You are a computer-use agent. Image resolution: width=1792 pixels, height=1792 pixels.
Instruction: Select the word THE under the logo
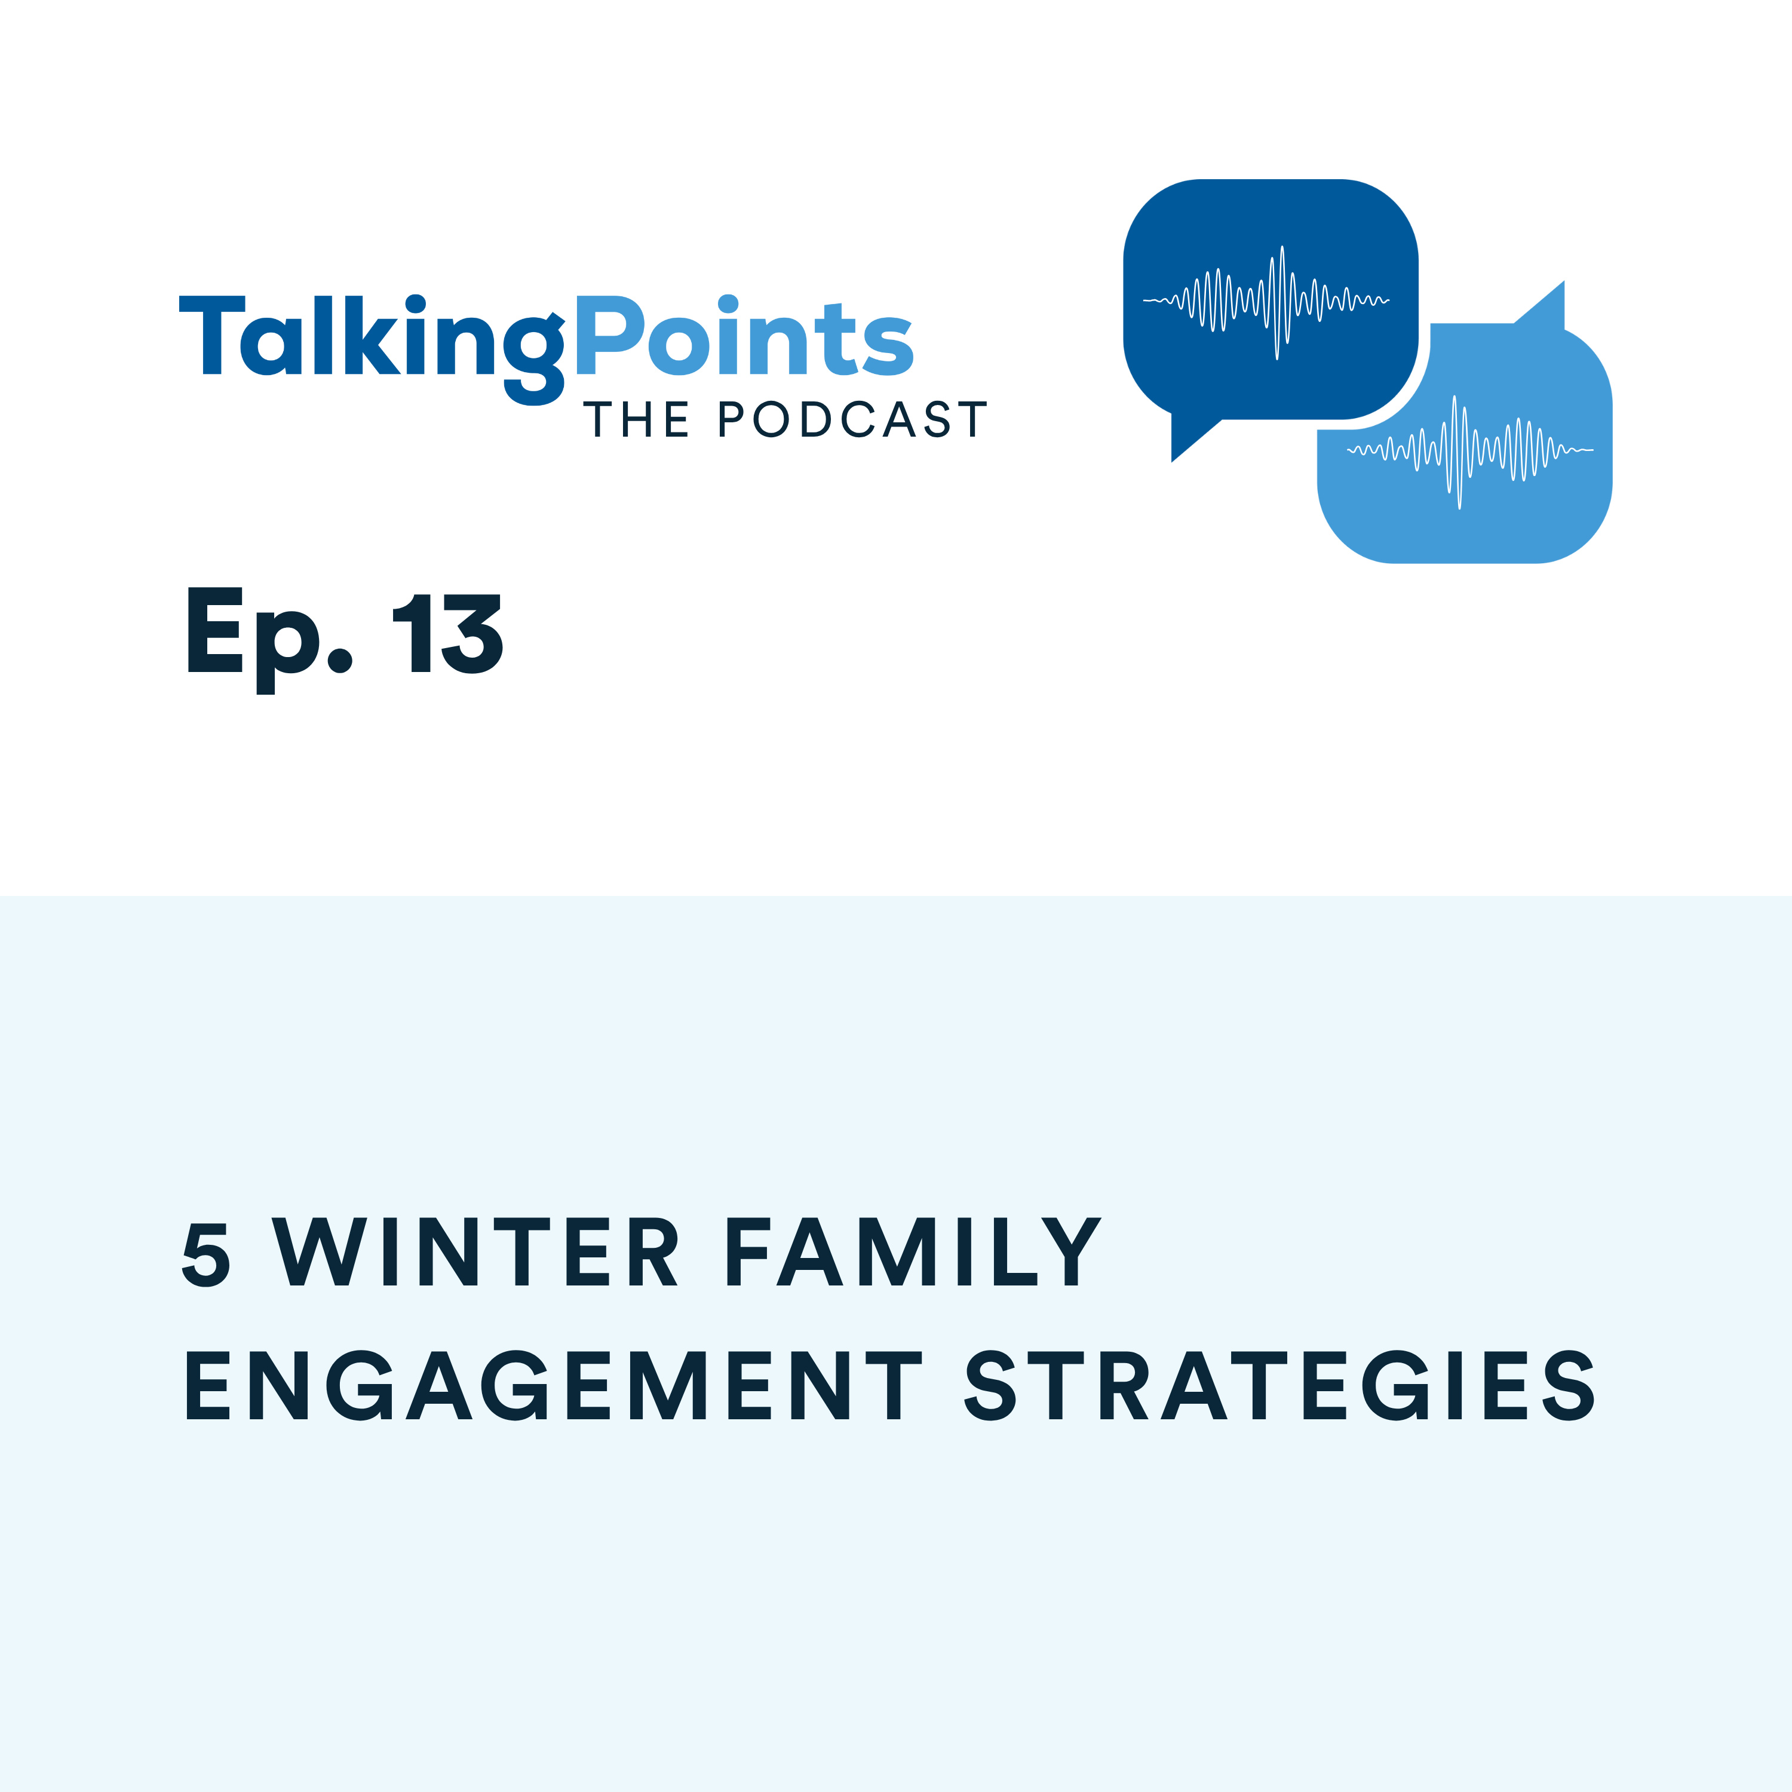[x=636, y=420]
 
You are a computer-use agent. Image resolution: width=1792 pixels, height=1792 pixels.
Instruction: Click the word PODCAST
[x=851, y=420]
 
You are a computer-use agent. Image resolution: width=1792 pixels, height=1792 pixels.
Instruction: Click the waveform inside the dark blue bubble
[x=1266, y=300]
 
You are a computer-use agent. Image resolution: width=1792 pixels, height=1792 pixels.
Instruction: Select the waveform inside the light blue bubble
[x=1469, y=451]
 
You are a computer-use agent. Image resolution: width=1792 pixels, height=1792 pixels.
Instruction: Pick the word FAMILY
[x=914, y=1252]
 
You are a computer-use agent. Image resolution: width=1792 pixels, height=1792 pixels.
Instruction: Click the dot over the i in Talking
[x=416, y=304]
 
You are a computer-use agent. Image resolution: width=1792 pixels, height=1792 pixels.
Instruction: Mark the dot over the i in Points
[x=728, y=304]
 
